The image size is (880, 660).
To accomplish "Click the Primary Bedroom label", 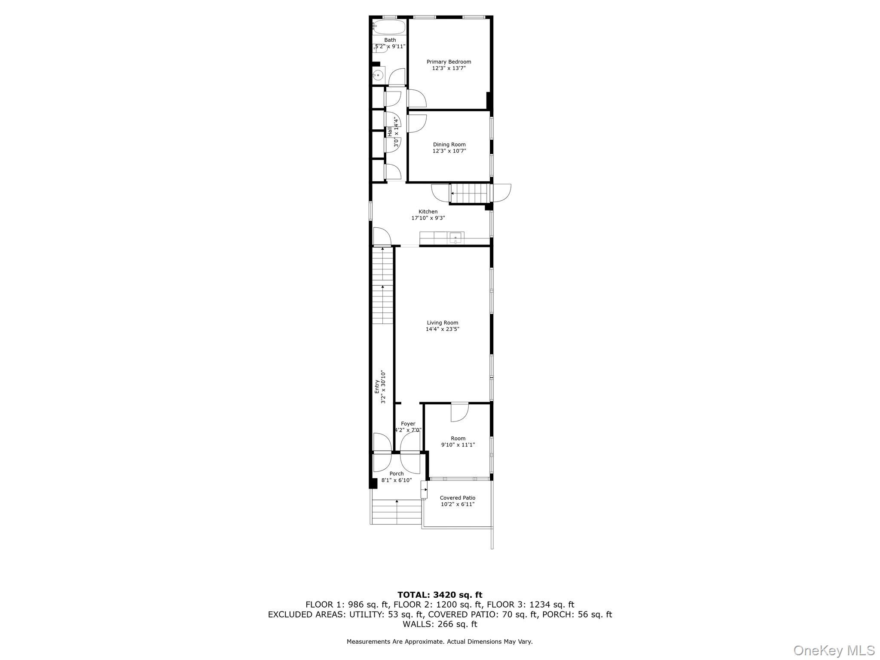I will click(449, 62).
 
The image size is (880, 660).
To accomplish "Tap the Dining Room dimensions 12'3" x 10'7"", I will click(449, 151).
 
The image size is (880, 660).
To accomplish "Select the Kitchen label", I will click(428, 211).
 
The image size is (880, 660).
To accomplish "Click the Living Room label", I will click(442, 323).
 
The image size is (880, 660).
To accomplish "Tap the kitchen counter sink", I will click(455, 238).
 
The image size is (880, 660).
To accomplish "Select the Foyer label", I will click(408, 424).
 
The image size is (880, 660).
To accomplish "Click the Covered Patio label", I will click(458, 498).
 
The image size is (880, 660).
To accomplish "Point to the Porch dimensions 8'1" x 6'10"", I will click(397, 480).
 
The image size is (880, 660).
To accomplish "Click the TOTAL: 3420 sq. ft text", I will click(440, 595).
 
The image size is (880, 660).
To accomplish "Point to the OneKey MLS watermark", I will click(834, 650).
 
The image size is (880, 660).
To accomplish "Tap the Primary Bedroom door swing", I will click(417, 99).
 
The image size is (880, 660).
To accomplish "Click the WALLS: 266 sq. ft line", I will click(440, 624).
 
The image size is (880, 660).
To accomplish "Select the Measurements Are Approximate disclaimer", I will click(440, 642).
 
